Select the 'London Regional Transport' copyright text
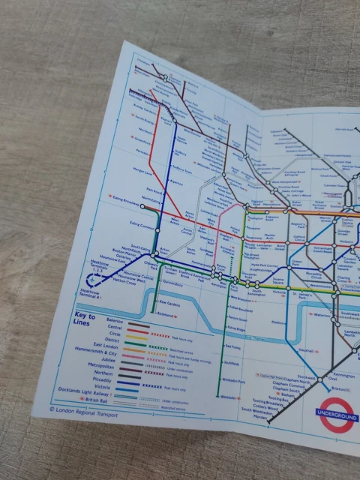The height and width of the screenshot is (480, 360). (x=83, y=410)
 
